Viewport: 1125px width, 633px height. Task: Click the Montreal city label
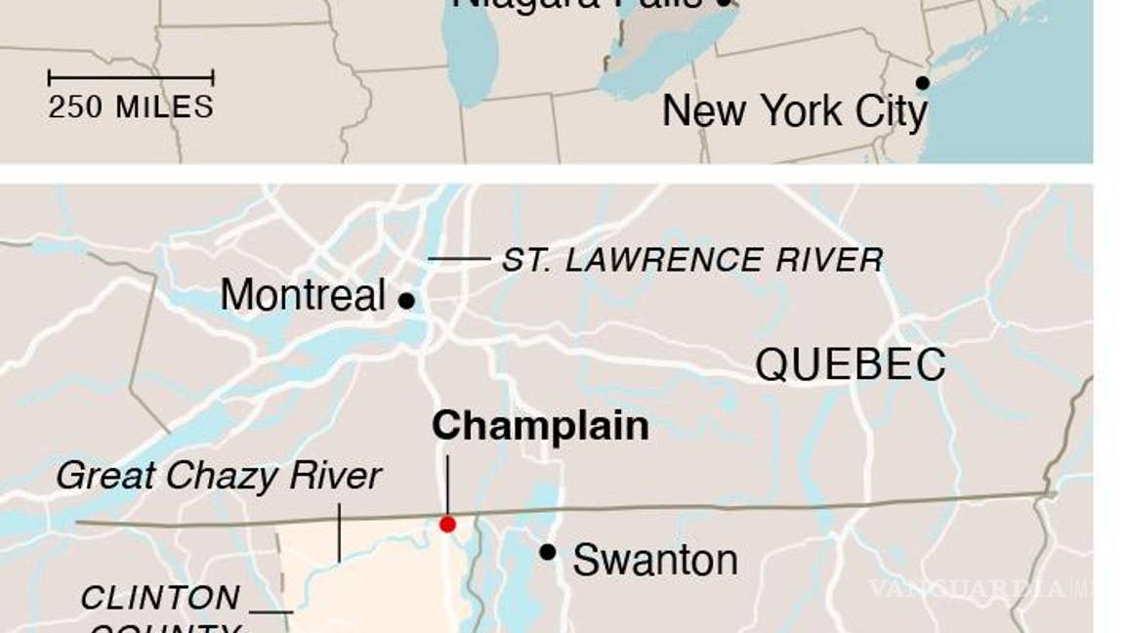coord(303,295)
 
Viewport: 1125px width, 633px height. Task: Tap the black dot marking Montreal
coord(406,301)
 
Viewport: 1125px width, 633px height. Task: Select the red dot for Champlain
coord(447,525)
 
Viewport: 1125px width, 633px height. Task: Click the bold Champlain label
coord(540,426)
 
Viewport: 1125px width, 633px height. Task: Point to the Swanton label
coord(654,561)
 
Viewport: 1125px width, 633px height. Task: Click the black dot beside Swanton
coord(548,552)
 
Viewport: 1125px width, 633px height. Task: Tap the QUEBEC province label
coord(850,364)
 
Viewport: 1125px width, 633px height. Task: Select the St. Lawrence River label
coord(692,260)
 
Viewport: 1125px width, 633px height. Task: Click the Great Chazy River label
coord(219,476)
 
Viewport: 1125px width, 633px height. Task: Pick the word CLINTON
coord(160,597)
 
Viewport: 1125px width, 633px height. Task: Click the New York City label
coord(794,111)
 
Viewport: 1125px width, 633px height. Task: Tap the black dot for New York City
coord(922,83)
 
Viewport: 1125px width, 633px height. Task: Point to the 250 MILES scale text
coord(131,106)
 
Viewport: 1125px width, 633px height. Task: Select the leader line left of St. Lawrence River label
coord(459,259)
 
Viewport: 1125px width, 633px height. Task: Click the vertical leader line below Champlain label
coord(447,484)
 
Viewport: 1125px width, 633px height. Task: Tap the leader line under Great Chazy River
coord(339,532)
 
